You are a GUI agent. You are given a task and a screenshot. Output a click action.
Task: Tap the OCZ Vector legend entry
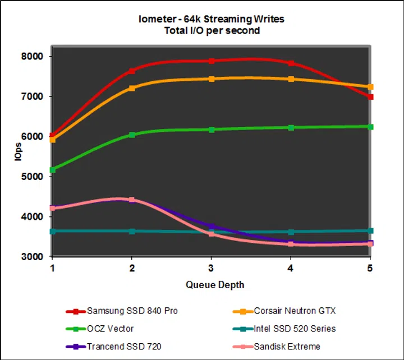[111, 329]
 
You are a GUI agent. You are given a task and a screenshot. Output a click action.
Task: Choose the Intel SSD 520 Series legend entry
[295, 329]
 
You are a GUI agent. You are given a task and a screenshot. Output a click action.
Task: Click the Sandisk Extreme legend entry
[286, 347]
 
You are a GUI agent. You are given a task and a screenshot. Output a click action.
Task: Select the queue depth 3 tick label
[211, 267]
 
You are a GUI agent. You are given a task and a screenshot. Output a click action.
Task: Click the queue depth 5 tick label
[370, 267]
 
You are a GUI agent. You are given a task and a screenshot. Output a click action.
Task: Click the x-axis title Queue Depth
[215, 285]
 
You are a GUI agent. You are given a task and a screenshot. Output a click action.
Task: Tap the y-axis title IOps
[18, 151]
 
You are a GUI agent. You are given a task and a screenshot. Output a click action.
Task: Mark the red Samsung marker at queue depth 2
[132, 71]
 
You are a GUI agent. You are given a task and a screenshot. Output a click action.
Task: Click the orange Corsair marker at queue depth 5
[370, 87]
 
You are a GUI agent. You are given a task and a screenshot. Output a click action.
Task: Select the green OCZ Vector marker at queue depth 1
[53, 169]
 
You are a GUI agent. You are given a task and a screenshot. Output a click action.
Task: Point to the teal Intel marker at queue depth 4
[291, 232]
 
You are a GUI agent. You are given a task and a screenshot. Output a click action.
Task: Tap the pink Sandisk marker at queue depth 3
[212, 233]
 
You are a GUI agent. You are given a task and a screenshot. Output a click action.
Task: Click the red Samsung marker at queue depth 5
[370, 97]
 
